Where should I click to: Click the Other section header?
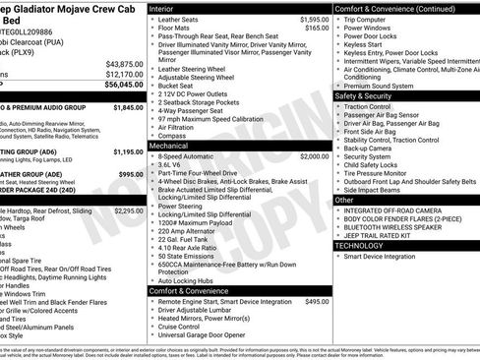[345, 199]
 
